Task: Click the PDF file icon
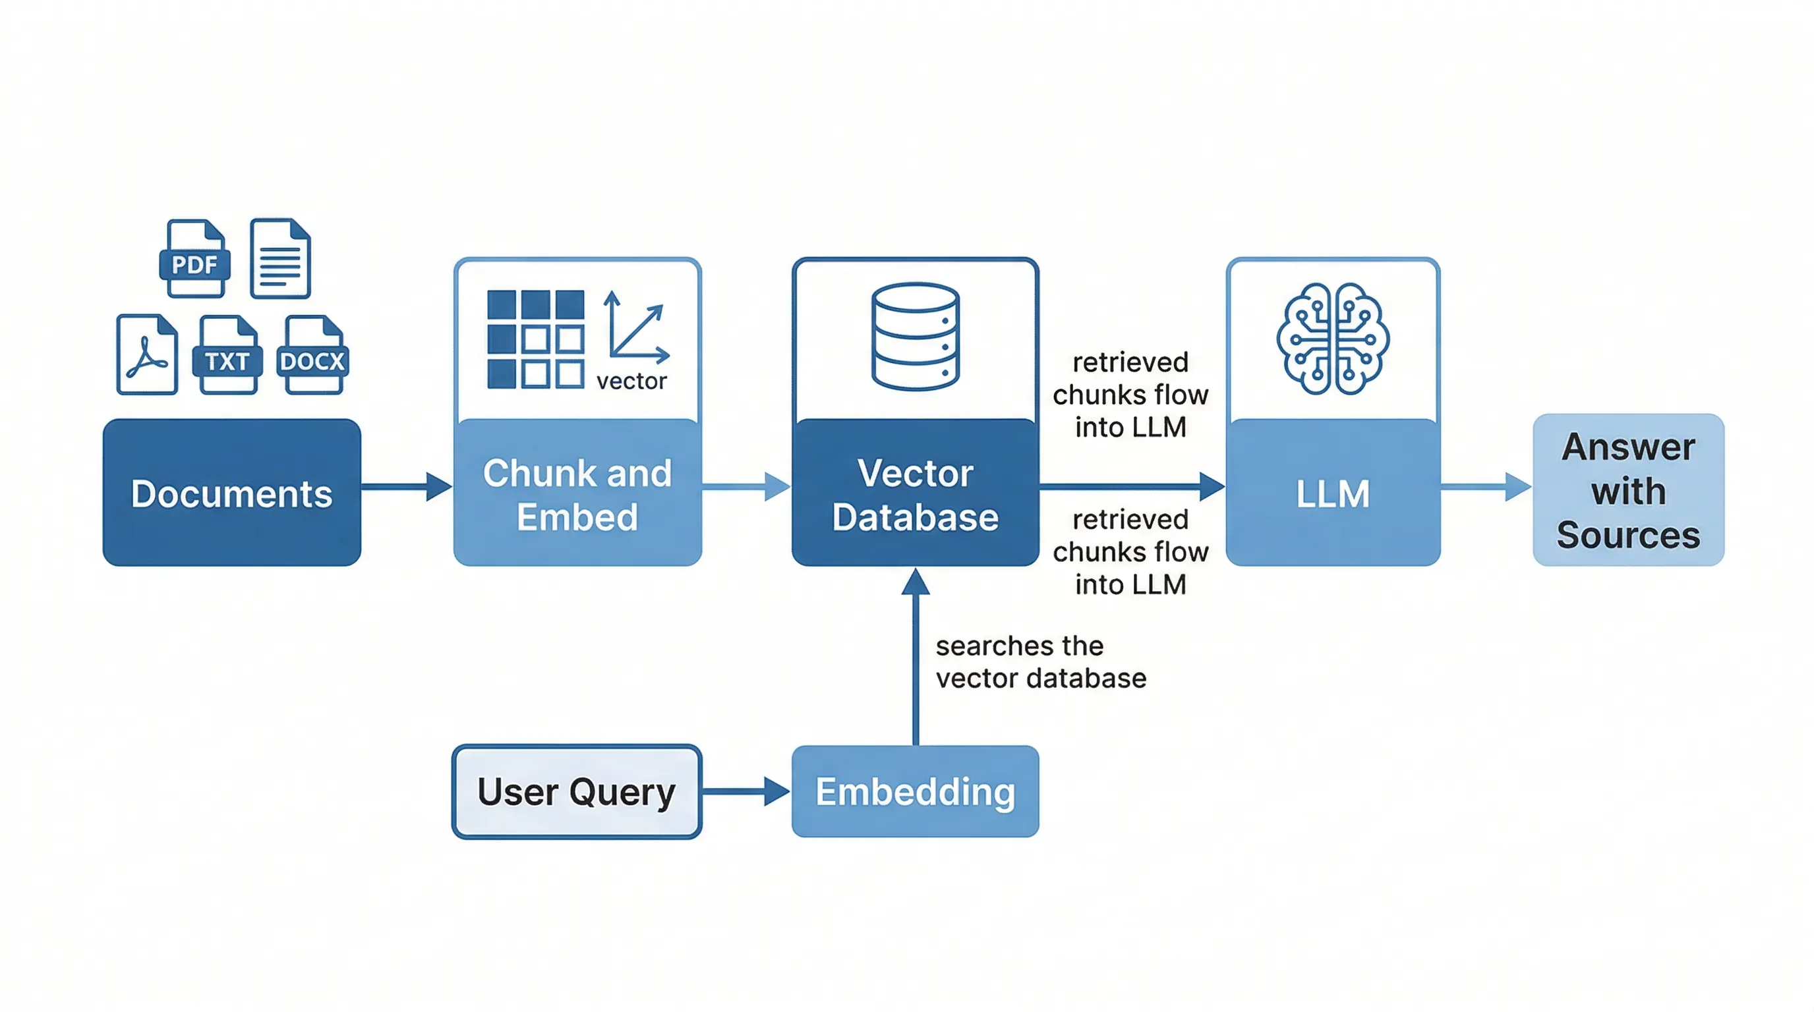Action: (x=195, y=259)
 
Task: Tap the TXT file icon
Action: (x=227, y=354)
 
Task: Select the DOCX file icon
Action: (x=312, y=354)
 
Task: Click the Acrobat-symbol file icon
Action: (x=147, y=354)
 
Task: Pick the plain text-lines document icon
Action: (x=280, y=259)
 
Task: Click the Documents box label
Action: (x=231, y=493)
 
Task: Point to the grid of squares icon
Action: (x=535, y=339)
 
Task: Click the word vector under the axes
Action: (x=631, y=381)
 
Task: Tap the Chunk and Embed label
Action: (x=577, y=495)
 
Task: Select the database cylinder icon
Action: (x=915, y=337)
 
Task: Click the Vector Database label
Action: (x=915, y=495)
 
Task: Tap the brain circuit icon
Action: (x=1332, y=339)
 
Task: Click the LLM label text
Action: (x=1332, y=493)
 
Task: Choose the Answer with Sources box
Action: (x=1628, y=491)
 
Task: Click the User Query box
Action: (x=577, y=792)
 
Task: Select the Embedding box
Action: (x=915, y=792)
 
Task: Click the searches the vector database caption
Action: (x=1040, y=662)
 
